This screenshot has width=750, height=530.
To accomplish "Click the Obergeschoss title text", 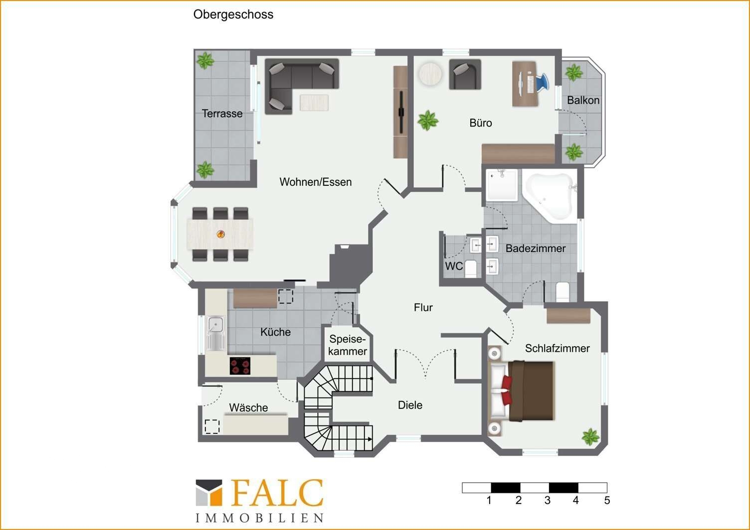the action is coord(233,15).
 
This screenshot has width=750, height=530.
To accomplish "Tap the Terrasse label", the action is coord(222,114).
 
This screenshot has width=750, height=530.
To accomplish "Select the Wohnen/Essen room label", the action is coord(315,182).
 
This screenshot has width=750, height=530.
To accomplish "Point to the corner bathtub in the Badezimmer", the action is coord(549,196).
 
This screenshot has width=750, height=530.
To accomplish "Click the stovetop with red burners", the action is coord(240,366).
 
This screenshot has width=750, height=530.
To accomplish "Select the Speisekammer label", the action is coord(348,345).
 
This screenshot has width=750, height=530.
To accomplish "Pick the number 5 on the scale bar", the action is coord(607,500).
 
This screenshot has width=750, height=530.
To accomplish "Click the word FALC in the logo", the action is coord(277,493).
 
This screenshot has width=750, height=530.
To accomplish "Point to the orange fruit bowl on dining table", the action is coord(220,234).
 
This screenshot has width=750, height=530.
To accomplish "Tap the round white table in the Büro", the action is coord(430,74).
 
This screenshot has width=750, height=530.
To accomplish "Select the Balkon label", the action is coord(583,100).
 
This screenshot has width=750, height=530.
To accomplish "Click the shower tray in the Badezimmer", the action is coord(502,185).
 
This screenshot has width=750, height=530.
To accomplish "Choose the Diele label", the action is coord(410,405).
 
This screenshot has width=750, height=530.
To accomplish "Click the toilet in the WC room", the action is coord(471,268).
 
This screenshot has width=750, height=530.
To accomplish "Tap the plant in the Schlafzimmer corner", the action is coord(590,437).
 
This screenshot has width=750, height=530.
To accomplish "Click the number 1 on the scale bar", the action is coord(489,500).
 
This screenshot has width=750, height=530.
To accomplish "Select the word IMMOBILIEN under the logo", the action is coord(259,519).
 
